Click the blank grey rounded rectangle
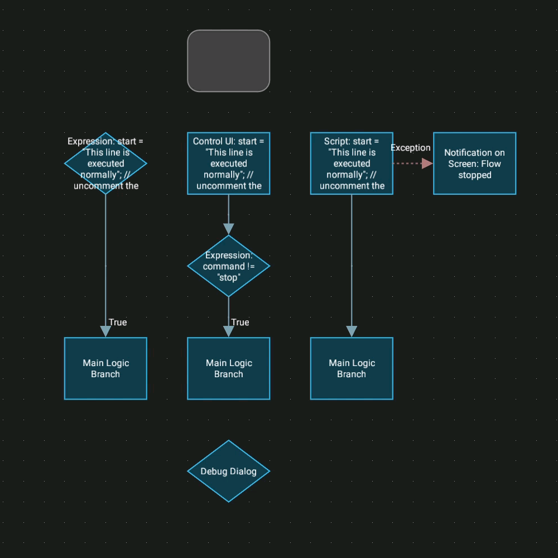(x=228, y=61)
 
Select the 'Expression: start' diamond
(x=105, y=163)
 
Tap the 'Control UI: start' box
(x=228, y=163)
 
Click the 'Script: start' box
(x=352, y=163)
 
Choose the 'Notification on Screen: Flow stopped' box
(x=474, y=163)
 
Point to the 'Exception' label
(x=410, y=148)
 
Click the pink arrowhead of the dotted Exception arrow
(x=427, y=163)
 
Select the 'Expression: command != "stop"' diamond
(x=228, y=266)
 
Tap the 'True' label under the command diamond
(x=240, y=323)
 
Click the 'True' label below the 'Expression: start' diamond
(x=118, y=323)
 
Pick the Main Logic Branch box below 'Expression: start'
(x=105, y=368)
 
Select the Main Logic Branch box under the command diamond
(x=228, y=368)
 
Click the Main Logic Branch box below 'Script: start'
(x=352, y=368)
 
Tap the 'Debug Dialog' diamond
(x=228, y=472)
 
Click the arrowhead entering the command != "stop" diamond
(x=228, y=229)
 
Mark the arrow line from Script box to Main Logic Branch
(x=352, y=262)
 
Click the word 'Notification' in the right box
(x=467, y=152)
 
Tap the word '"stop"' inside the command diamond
(x=228, y=277)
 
